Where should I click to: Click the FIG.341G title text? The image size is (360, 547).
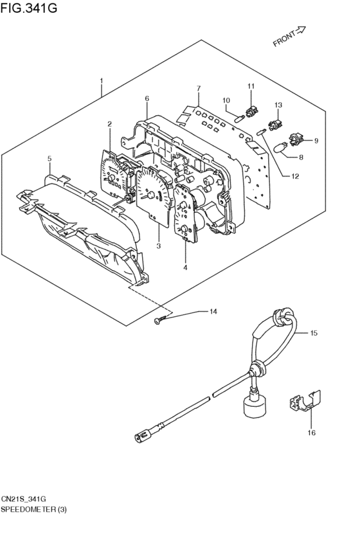28,7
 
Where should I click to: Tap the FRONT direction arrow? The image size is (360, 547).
300,31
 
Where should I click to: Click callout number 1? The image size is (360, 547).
102,81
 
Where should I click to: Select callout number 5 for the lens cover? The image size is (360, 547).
50,159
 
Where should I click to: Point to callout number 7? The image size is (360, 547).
199,88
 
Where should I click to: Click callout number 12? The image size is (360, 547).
295,177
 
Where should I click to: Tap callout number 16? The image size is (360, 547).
312,433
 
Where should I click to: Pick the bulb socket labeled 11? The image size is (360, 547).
251,112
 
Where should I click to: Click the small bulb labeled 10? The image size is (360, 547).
239,119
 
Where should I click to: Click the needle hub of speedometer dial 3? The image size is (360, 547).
151,195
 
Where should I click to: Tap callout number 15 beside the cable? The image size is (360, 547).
314,333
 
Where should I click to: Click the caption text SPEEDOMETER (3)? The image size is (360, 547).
33,509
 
